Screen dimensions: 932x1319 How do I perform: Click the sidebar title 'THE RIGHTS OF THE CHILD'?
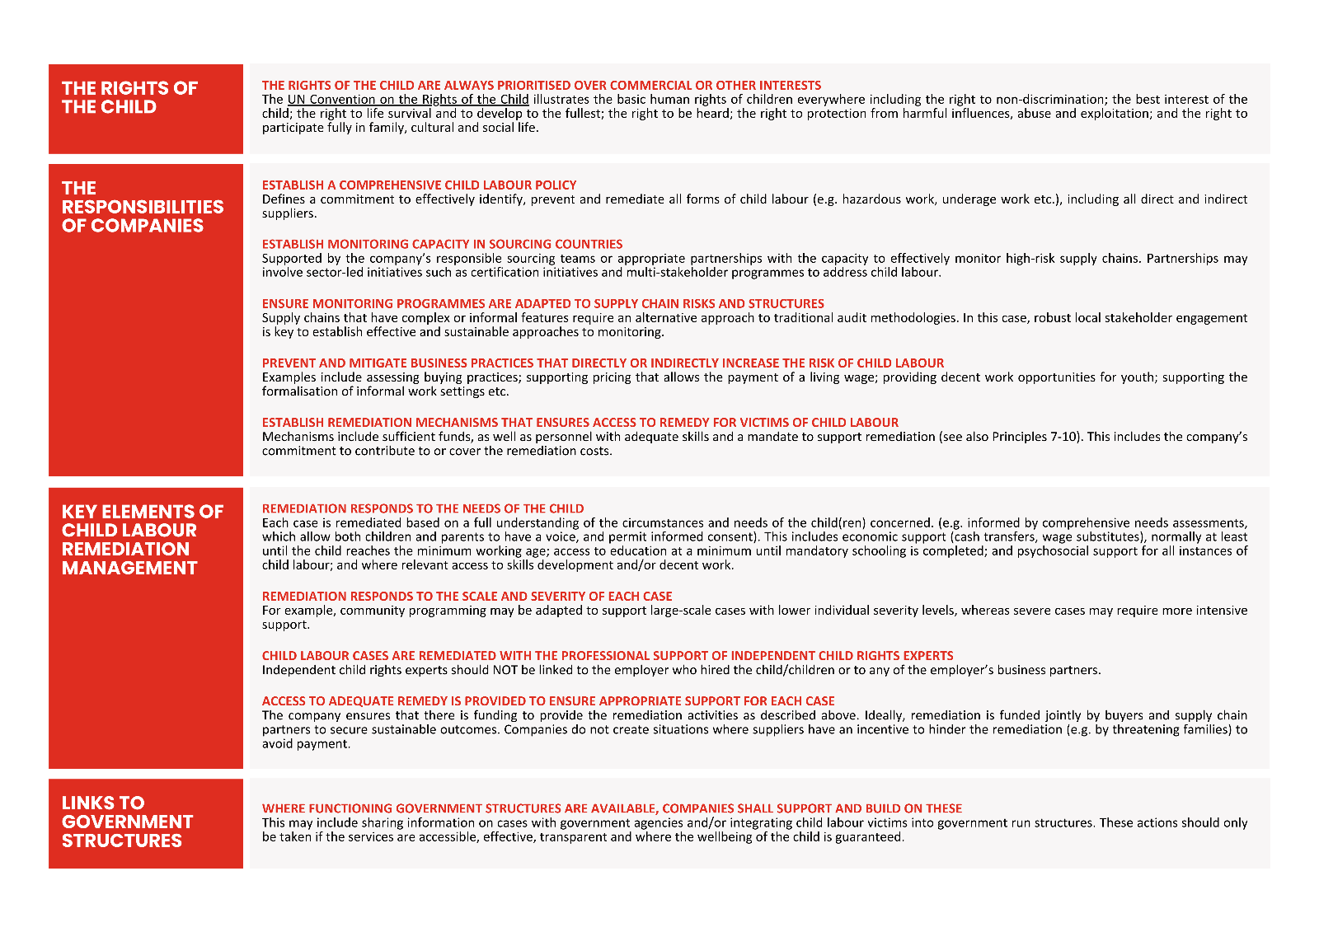coord(129,97)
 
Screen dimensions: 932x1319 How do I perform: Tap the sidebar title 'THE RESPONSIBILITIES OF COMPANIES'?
coord(143,207)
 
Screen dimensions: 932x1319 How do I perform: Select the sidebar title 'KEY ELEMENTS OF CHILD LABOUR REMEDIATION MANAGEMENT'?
coord(142,540)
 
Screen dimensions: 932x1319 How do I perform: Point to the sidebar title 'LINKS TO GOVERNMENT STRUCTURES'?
coord(127,822)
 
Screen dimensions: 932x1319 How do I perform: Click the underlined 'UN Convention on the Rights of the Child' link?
coord(408,100)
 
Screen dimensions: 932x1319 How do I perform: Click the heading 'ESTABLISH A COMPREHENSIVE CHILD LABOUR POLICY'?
coord(419,185)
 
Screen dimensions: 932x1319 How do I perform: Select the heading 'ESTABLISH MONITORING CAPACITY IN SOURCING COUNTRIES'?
coord(442,244)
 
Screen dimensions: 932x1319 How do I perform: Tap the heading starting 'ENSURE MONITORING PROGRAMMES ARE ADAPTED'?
coord(542,303)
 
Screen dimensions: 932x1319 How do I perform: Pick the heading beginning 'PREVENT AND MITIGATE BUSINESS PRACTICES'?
coord(603,363)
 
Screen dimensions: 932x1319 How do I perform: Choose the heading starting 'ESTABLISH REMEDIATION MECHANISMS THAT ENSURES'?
coord(580,422)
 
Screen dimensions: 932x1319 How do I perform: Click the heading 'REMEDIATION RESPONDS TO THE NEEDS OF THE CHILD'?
coord(422,508)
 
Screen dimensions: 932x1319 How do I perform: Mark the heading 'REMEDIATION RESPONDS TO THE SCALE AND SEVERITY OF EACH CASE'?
coord(467,596)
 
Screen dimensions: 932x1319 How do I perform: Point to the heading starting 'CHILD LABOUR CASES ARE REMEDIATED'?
coord(607,655)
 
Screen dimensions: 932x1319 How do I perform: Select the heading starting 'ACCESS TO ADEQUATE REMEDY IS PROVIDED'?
coord(548,700)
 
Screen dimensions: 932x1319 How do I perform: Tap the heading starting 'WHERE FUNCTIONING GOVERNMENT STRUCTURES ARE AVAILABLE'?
coord(612,808)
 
